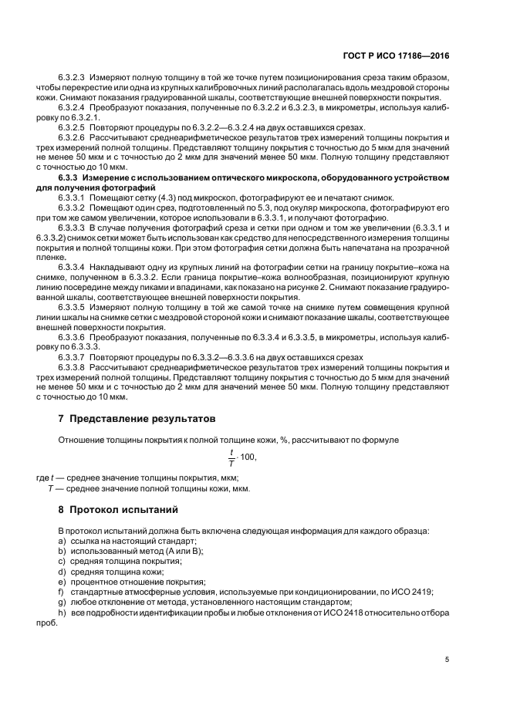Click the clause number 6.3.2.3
point(72,79)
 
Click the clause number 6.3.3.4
point(72,266)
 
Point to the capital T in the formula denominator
point(230,464)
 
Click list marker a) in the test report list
point(61,542)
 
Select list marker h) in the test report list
point(62,612)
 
